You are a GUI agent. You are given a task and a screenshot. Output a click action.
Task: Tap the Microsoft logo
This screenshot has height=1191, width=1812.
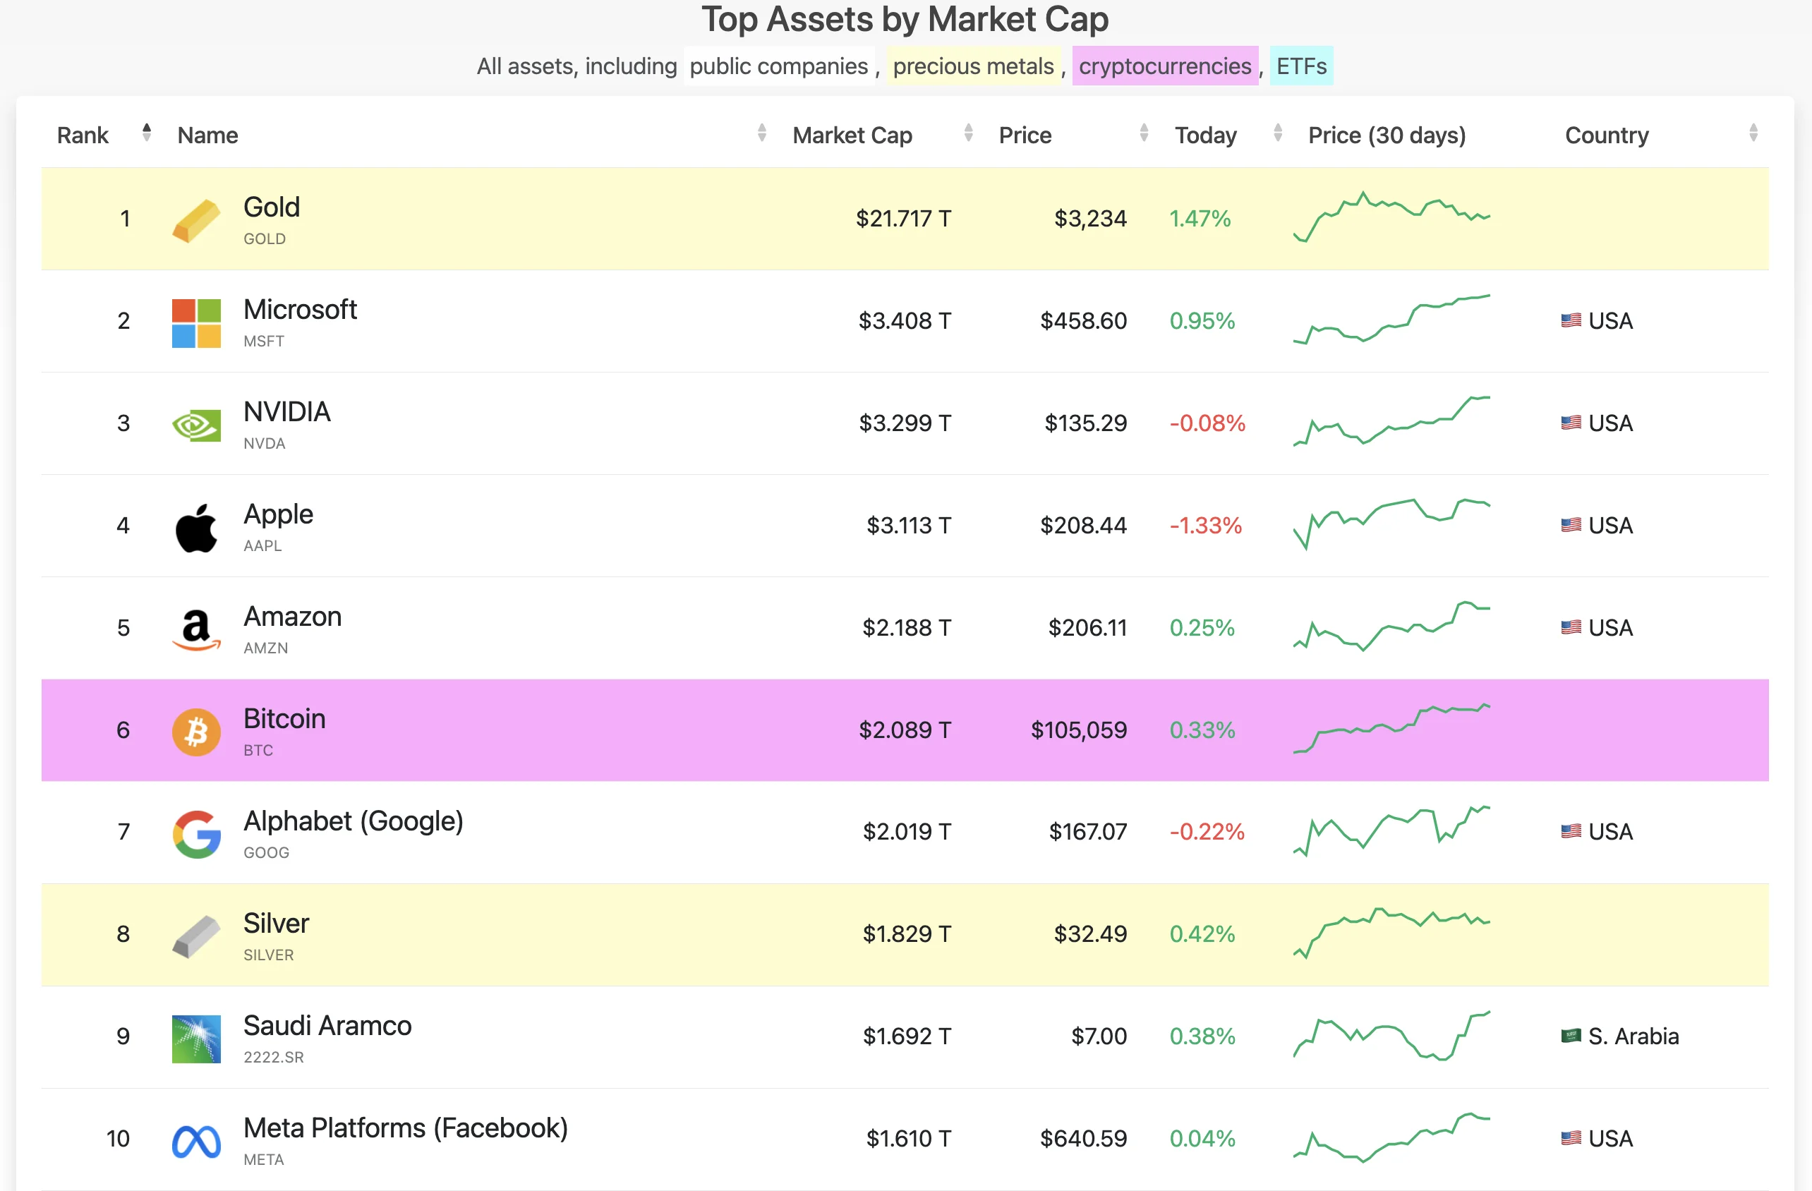point(196,323)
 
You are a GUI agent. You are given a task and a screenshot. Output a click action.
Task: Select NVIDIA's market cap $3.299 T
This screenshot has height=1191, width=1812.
point(905,423)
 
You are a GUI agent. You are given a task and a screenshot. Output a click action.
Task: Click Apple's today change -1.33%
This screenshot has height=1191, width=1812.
point(1205,526)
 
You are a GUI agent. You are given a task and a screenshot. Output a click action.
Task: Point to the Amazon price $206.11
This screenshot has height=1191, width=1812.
point(1087,627)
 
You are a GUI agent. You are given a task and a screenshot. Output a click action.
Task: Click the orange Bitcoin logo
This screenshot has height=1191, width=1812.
point(196,731)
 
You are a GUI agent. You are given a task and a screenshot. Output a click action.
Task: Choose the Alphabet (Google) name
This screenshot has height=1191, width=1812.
point(354,821)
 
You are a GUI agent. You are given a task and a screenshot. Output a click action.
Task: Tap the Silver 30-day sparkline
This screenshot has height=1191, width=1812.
point(1391,932)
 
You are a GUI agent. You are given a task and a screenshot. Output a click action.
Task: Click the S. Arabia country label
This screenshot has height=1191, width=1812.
point(1632,1036)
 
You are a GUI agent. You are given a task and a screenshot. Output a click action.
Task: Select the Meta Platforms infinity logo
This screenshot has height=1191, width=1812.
point(196,1141)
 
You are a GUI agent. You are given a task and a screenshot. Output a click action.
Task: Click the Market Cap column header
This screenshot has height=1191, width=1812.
point(852,135)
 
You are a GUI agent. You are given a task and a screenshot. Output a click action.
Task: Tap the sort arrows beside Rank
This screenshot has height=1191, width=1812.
point(146,133)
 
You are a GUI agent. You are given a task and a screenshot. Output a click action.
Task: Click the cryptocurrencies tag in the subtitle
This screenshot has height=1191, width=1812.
point(1164,66)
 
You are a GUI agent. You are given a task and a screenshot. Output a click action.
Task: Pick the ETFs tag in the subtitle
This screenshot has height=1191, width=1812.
point(1300,66)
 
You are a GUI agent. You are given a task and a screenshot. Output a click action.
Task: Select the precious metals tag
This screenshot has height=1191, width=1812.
point(973,66)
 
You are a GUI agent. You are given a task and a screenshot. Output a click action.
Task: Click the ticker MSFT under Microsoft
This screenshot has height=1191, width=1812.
point(263,341)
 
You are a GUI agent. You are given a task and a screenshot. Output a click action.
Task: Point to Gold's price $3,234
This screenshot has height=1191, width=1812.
point(1089,219)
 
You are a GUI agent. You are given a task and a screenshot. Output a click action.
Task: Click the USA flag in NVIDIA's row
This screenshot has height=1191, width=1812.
point(1571,423)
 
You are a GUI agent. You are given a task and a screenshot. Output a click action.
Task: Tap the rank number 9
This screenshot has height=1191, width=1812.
point(123,1036)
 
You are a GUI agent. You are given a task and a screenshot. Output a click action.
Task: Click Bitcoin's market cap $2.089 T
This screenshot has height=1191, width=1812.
point(905,730)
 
